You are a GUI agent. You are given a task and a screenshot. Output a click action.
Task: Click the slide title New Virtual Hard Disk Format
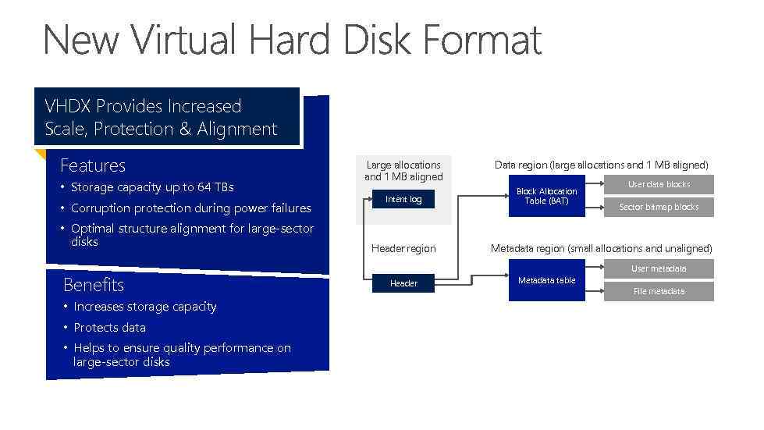click(292, 39)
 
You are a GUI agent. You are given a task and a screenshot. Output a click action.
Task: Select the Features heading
click(93, 165)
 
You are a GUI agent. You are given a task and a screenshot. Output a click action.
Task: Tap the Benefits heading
click(93, 284)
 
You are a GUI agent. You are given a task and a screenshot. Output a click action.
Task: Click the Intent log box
click(403, 199)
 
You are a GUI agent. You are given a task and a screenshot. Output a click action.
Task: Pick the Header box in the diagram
click(403, 283)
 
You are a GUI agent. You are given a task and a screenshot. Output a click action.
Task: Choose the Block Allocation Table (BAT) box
click(546, 196)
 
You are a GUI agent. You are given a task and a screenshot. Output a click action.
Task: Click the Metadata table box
click(546, 280)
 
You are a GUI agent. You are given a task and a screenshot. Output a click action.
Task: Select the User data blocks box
click(659, 185)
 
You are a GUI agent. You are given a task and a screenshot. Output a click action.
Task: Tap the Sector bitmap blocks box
click(659, 207)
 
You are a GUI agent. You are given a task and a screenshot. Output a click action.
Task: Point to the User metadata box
click(659, 268)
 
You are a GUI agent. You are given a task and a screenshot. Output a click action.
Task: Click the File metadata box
click(659, 291)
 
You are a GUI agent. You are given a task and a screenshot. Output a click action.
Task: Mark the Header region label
click(403, 248)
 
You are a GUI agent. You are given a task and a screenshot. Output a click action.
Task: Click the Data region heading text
click(601, 165)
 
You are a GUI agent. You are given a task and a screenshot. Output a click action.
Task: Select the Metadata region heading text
click(601, 248)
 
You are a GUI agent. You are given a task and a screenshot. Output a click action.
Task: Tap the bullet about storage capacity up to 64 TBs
click(151, 187)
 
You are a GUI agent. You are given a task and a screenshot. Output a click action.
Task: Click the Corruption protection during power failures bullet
click(190, 208)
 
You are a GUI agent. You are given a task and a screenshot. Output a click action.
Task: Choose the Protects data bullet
click(109, 328)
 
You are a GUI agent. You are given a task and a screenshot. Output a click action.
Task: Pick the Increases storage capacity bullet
click(144, 307)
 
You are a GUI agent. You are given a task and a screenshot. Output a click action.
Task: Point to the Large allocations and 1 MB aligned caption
click(403, 170)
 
